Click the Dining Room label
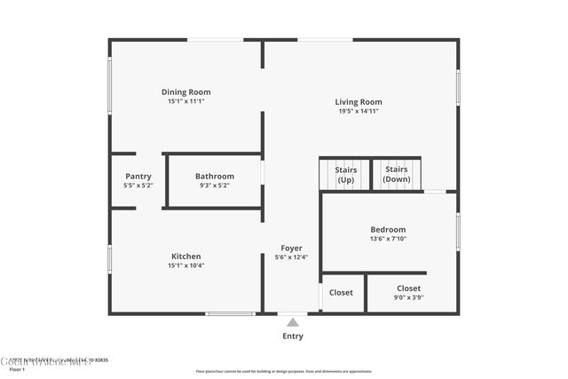[185, 91]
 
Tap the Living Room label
[358, 101]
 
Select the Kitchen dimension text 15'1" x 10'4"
[185, 265]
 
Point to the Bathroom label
[215, 176]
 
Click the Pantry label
[138, 176]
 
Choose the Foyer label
[291, 248]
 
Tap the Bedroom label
[388, 229]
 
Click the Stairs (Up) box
[344, 174]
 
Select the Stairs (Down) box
[396, 174]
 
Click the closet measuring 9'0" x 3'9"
[409, 293]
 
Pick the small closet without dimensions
[341, 292]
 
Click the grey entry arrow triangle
[292, 322]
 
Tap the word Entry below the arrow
[292, 336]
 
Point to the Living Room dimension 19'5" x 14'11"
[358, 111]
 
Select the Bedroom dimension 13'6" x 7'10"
[388, 239]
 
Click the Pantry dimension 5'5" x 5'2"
[138, 186]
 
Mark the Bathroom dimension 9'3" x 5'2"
[215, 186]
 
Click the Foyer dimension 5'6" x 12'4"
[291, 257]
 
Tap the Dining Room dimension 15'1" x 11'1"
[185, 101]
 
